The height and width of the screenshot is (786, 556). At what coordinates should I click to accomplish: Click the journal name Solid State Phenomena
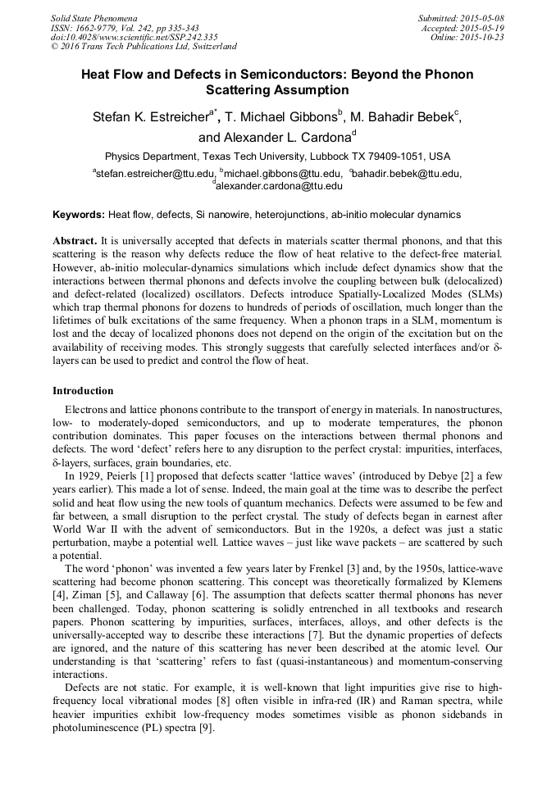click(93, 18)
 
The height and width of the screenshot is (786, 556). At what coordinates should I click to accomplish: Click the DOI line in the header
click(134, 37)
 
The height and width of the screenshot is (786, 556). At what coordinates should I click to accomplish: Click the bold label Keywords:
click(79, 215)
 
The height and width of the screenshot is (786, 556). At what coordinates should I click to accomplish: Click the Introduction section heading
click(83, 391)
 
